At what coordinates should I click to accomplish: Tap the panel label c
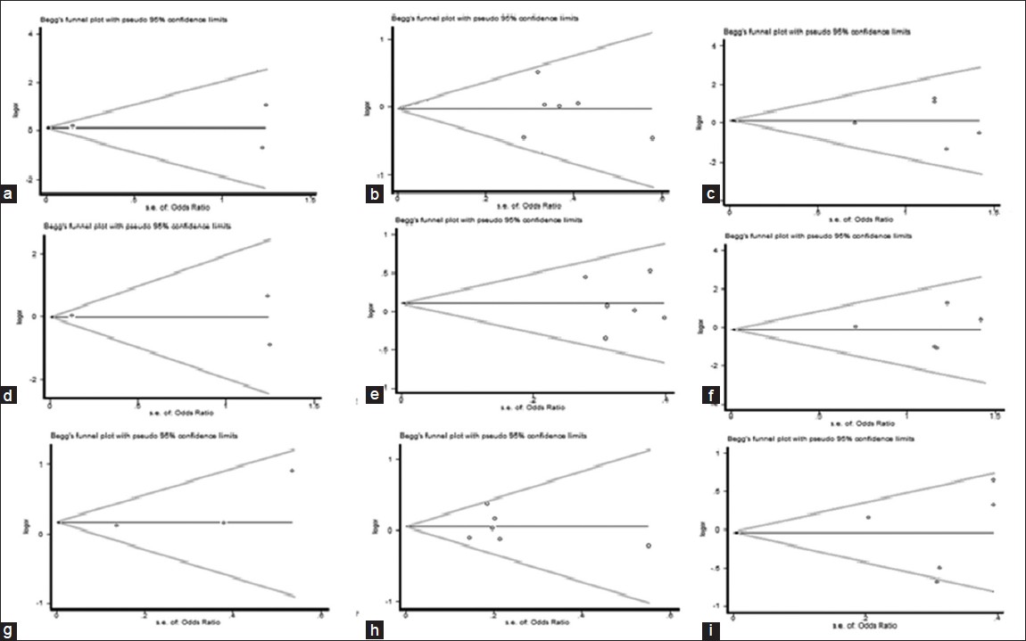(709, 193)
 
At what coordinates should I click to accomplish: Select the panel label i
(709, 632)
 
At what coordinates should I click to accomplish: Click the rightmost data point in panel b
(653, 138)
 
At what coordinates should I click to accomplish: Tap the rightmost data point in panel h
(649, 546)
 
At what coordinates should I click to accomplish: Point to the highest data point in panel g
(292, 471)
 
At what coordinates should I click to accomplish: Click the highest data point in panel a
(266, 105)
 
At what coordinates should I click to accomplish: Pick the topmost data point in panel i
(993, 481)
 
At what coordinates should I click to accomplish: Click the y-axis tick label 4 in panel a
(30, 34)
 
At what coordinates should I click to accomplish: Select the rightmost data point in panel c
(979, 133)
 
